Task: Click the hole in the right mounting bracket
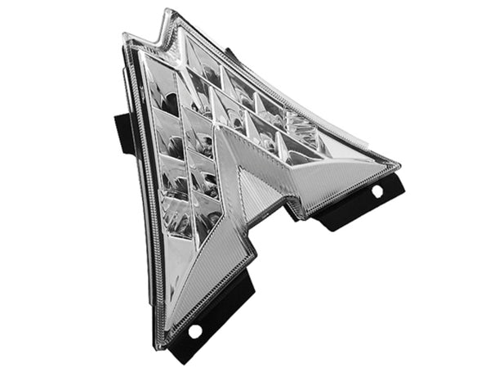[376, 191]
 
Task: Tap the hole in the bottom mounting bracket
[195, 331]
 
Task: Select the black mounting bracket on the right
[359, 204]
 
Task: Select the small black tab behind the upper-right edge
[231, 55]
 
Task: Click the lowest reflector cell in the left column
[180, 221]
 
